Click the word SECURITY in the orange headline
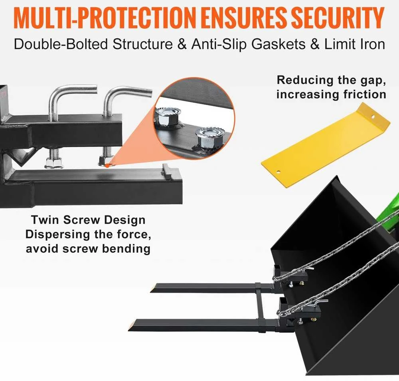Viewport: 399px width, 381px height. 338,18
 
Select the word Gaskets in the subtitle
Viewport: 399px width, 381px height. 279,44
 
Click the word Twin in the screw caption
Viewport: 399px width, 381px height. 45,220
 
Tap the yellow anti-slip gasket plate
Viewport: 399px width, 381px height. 326,146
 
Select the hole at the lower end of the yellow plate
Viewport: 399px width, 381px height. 279,172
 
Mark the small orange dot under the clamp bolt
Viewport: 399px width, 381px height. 107,166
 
